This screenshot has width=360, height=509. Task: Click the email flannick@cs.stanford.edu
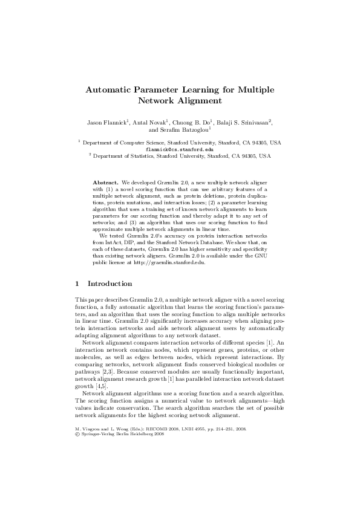[180, 149]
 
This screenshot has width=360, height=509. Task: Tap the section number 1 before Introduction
[77, 283]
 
